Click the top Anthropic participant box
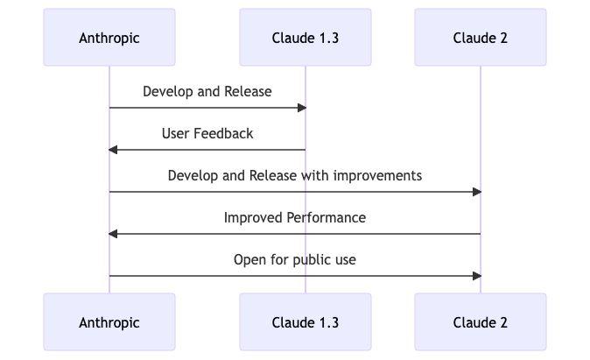[x=109, y=38]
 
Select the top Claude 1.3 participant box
[x=306, y=38]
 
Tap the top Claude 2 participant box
[x=481, y=38]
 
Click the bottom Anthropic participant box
[x=109, y=322]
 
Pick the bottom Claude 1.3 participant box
[x=306, y=322]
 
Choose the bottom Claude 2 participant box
[x=481, y=322]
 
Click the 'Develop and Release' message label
[x=207, y=91]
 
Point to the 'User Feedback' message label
[x=207, y=133]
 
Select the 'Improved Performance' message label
[x=295, y=217]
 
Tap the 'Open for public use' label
[x=295, y=259]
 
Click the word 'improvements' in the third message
[x=381, y=175]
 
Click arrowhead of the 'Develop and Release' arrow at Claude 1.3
[x=302, y=108]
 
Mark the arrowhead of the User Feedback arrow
[x=113, y=150]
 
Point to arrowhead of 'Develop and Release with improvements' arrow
[x=477, y=192]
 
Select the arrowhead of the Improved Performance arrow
[x=113, y=234]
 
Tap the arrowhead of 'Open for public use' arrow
[x=477, y=276]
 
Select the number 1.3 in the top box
[x=328, y=38]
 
